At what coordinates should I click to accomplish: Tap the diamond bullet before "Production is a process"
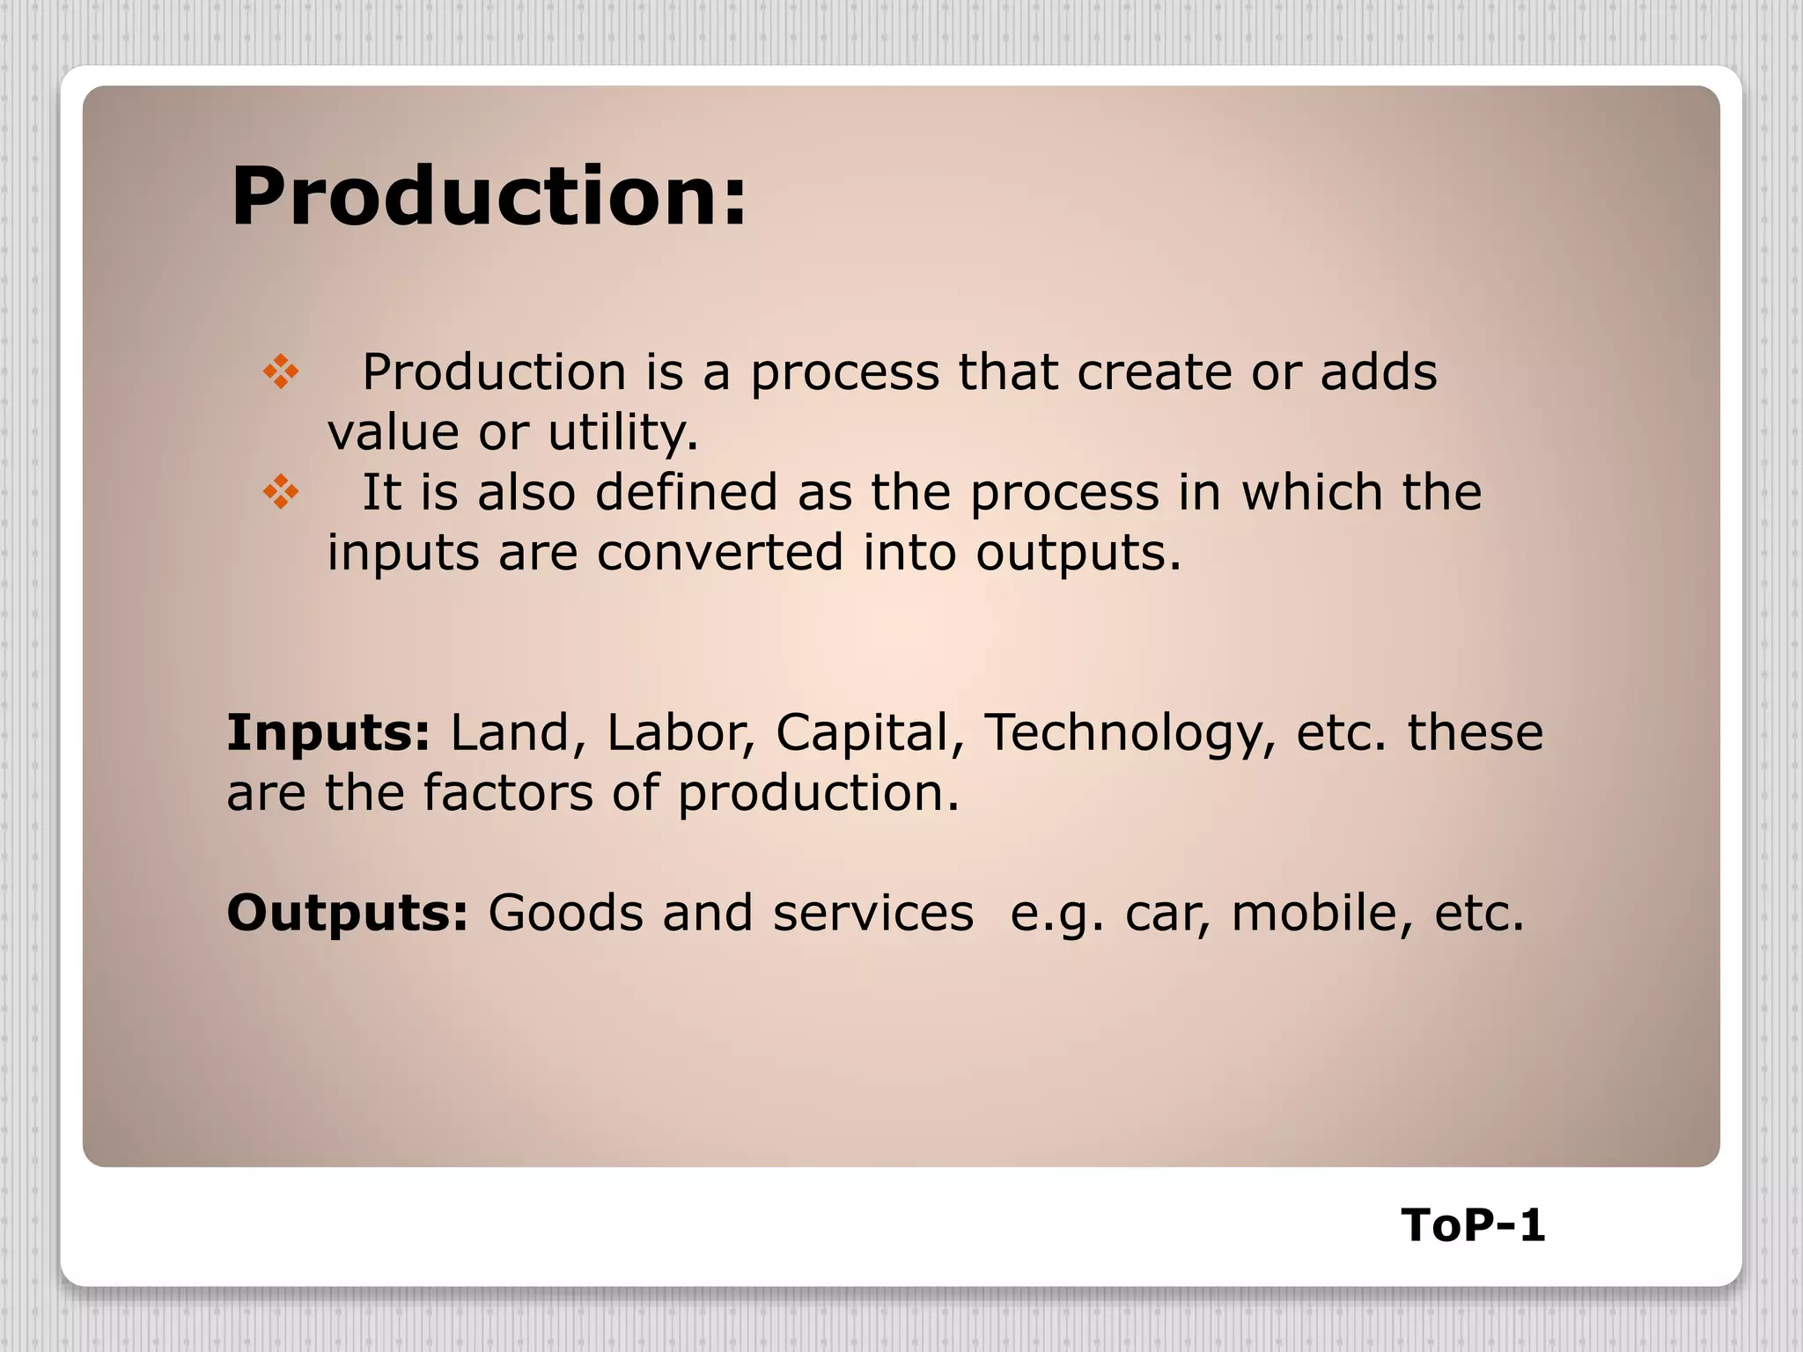(x=281, y=371)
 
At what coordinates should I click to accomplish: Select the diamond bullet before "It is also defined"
(x=281, y=491)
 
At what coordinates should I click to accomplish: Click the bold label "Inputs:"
(x=328, y=732)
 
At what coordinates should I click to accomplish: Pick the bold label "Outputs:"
(x=348, y=913)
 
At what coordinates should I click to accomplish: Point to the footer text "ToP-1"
(x=1473, y=1225)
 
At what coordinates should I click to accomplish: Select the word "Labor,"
(x=681, y=732)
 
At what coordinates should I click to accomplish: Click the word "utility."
(x=623, y=433)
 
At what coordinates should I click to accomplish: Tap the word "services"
(x=873, y=913)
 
